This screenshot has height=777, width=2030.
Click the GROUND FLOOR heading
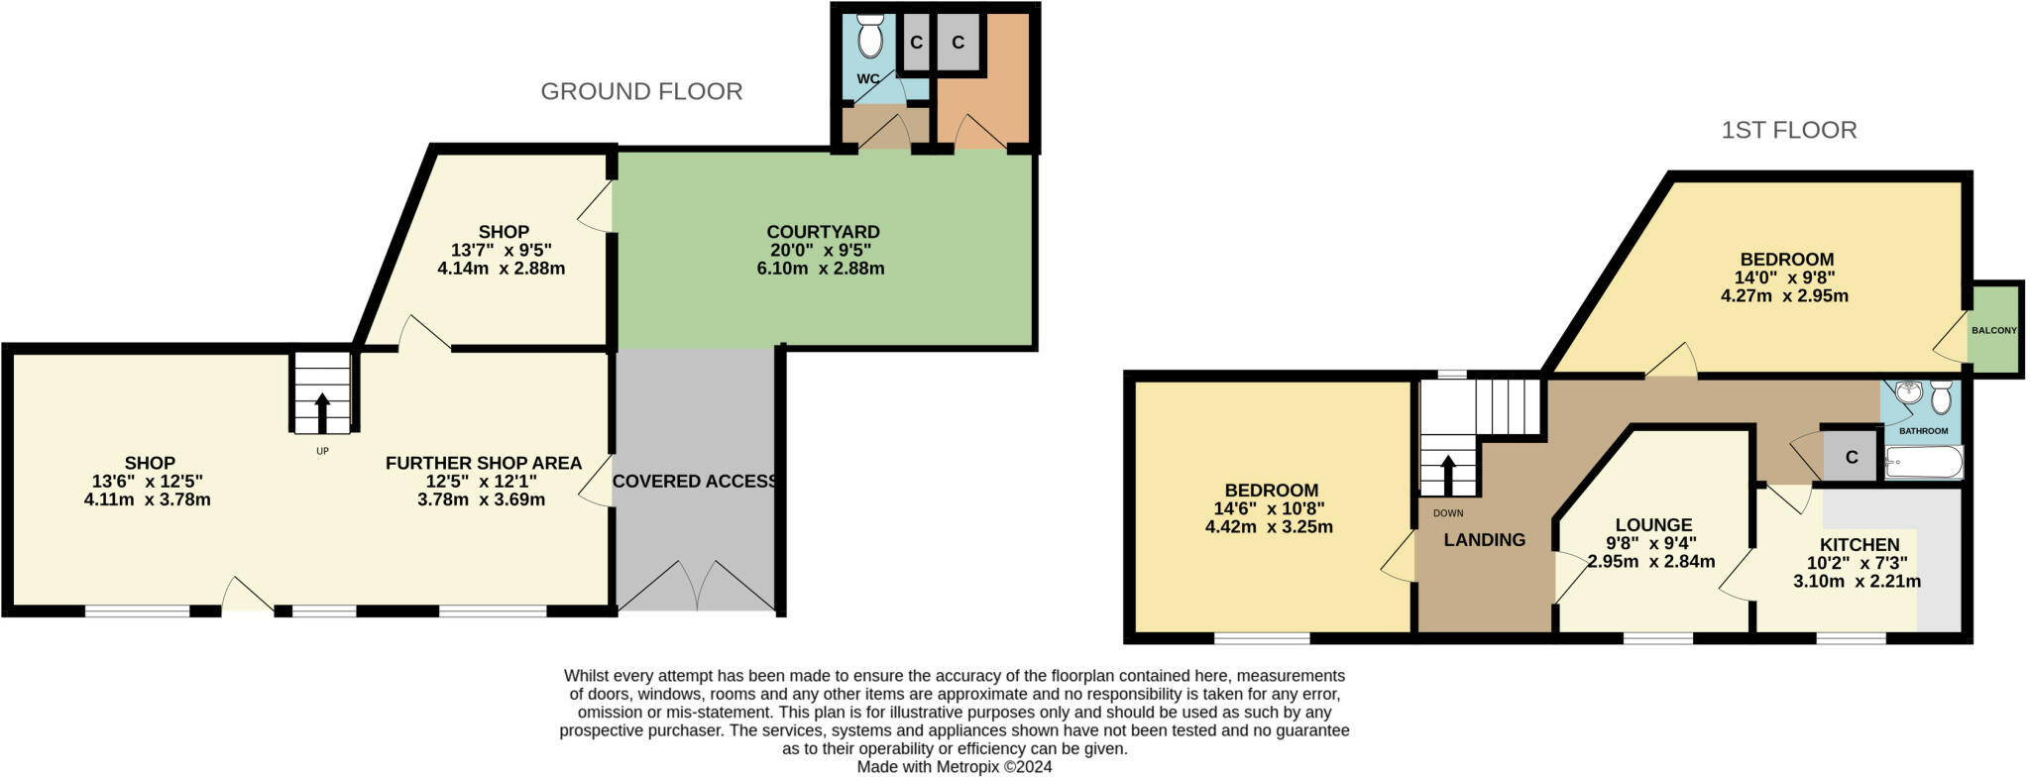point(641,91)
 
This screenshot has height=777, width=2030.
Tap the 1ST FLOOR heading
point(1788,130)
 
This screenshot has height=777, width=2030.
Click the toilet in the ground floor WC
point(870,39)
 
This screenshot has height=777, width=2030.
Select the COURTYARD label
point(823,232)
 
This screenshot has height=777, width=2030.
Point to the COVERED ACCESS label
point(694,482)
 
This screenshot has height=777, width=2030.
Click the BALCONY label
point(1993,330)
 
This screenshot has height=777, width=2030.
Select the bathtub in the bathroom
point(1923,463)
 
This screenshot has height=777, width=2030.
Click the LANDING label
point(1484,540)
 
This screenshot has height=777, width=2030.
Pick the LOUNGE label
point(1653,525)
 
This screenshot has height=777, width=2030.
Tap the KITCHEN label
point(1860,545)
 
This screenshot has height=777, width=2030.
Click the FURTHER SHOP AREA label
point(483,464)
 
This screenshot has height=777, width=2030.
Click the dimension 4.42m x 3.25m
point(1269,527)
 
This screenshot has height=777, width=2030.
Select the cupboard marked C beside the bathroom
point(1851,458)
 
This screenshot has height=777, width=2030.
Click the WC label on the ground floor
point(867,79)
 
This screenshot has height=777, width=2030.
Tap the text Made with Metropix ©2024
point(954,767)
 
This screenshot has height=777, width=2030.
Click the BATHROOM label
point(1923,431)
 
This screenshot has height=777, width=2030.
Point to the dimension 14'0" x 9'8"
point(1784,277)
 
